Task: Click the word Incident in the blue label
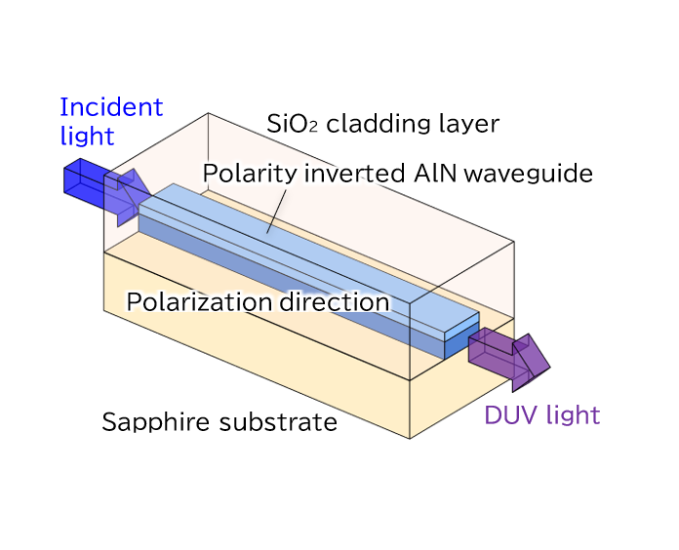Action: [111, 107]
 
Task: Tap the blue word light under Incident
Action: [87, 136]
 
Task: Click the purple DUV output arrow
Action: [507, 354]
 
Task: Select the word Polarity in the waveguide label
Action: [239, 175]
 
